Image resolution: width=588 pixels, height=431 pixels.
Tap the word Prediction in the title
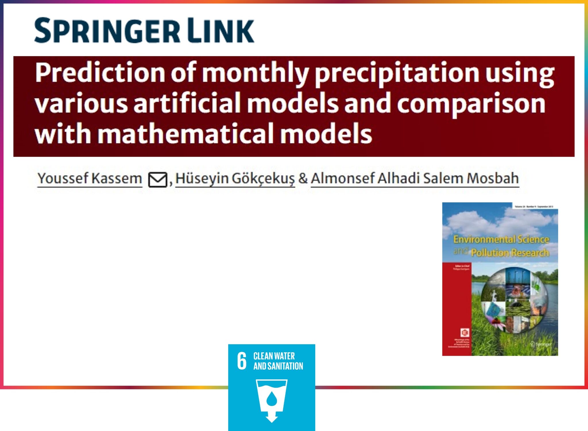100,73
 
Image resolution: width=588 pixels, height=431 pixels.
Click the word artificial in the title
187,103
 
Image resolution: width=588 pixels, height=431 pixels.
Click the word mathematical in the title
186,134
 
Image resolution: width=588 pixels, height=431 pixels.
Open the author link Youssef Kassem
90,178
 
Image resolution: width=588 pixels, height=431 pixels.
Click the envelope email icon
158,180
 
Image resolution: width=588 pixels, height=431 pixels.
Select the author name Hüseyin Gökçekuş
235,178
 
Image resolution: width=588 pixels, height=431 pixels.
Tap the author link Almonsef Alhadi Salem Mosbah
415,178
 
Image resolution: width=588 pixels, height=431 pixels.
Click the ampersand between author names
303,178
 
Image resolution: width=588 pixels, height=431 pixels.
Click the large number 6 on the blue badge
242,361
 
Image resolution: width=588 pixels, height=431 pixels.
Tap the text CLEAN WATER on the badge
274,356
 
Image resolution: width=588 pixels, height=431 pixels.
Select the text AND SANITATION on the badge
278,366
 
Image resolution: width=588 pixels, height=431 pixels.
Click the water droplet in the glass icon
272,399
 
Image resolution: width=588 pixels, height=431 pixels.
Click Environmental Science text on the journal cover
501,239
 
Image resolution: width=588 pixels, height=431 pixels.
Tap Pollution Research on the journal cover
510,253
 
